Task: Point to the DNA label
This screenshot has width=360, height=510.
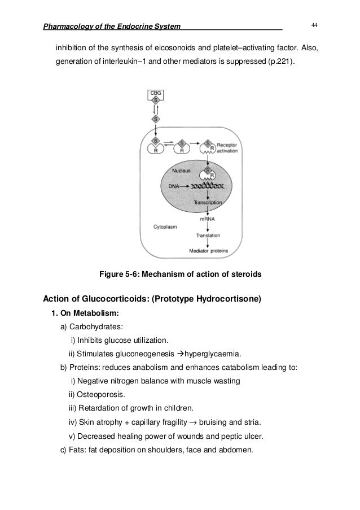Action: click(x=174, y=185)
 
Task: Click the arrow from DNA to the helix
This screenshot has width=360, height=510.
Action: click(x=186, y=185)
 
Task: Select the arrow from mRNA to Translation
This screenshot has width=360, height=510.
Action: click(x=208, y=226)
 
